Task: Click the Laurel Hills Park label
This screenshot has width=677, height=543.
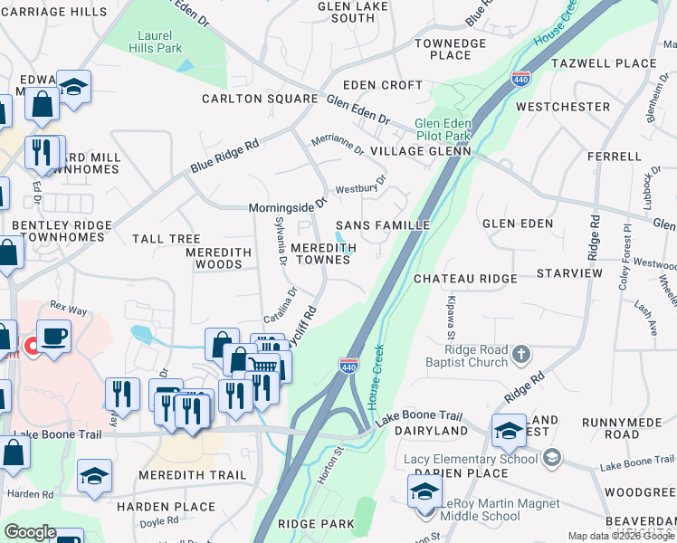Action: coord(159,42)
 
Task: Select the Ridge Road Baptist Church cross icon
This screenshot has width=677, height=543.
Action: coord(521,352)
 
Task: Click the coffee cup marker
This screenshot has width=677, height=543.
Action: coord(53,337)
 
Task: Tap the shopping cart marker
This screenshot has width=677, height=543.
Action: coord(262,365)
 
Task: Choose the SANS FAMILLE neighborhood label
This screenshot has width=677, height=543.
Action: coord(382,224)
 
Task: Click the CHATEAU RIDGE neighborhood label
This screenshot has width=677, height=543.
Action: coord(465,279)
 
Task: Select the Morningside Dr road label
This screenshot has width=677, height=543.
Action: coord(287,207)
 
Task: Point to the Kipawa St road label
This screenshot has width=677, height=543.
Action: coord(450,317)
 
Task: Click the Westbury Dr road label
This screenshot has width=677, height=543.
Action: coord(360,189)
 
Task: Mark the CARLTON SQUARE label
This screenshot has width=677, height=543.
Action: coord(260,99)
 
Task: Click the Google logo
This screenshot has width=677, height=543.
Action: coord(31,532)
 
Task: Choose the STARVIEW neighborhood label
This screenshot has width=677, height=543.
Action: coord(568,272)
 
